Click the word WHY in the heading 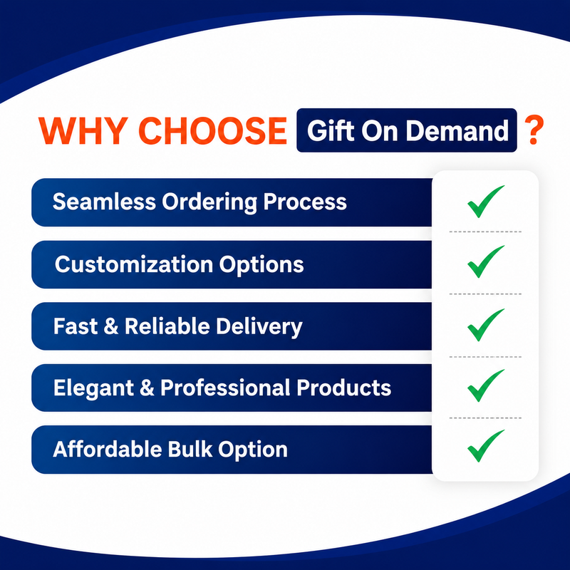pos(83,131)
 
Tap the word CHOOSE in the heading pos(212,131)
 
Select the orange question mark pos(534,130)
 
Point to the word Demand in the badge pos(457,130)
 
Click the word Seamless pos(104,202)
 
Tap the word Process pos(305,202)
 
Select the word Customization pos(134,264)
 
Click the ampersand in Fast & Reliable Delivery pos(111,326)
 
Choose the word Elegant pos(94,388)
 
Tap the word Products pos(344,388)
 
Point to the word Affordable pos(108,449)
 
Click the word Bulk pos(190,449)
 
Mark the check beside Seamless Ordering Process pos(484,203)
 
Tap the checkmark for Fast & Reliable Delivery pos(484,326)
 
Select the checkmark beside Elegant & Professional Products pos(484,387)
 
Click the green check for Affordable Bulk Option pos(484,447)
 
